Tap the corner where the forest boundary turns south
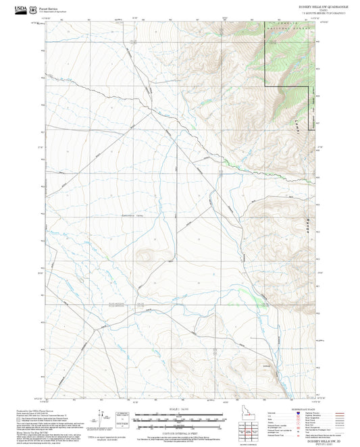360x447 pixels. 264,87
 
